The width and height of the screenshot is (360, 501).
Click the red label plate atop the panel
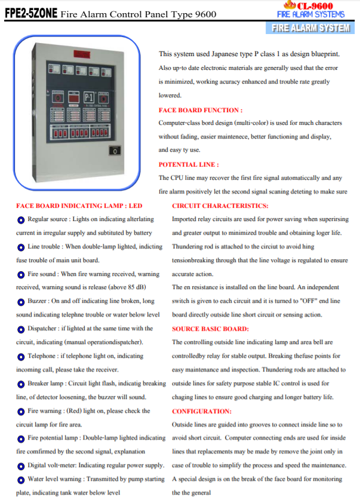pyautogui.click(x=82, y=54)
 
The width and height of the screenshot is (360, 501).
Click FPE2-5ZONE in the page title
pyautogui.click(x=31, y=14)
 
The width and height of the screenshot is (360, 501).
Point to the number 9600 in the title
pyautogui.click(x=205, y=14)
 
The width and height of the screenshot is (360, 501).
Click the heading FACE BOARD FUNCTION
pyautogui.click(x=201, y=110)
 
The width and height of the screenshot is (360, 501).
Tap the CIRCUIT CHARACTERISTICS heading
pyautogui.click(x=220, y=205)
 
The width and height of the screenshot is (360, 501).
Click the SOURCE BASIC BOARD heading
pyautogui.click(x=210, y=329)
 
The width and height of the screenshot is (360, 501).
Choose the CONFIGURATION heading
pyautogui.click(x=201, y=411)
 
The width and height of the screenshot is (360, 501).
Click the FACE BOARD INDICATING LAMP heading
pyautogui.click(x=79, y=205)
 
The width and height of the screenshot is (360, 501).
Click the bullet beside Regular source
pyautogui.click(x=21, y=220)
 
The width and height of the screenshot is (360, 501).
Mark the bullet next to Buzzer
pyautogui.click(x=21, y=302)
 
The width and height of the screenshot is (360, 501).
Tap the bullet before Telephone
pyautogui.click(x=21, y=356)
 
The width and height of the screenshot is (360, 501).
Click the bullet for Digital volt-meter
pyautogui.click(x=21, y=466)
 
